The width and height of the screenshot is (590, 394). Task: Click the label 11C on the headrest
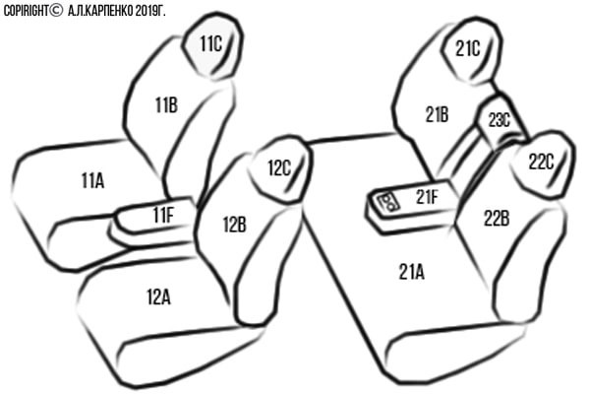pyautogui.click(x=210, y=44)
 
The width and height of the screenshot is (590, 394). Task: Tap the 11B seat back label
pyautogui.click(x=167, y=104)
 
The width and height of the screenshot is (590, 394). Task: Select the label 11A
pyautogui.click(x=92, y=180)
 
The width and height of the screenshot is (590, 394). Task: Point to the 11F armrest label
pyautogui.click(x=163, y=215)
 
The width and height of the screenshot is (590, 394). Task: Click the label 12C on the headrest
pyautogui.click(x=279, y=167)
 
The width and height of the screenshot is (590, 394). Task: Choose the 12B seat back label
pyautogui.click(x=235, y=225)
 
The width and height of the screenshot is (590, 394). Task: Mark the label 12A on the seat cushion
pyautogui.click(x=158, y=297)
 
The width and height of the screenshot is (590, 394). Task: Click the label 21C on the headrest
pyautogui.click(x=468, y=48)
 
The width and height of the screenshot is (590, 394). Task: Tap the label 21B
pyautogui.click(x=438, y=114)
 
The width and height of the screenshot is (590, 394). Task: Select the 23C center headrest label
pyautogui.click(x=500, y=120)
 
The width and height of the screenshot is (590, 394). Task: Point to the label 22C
pyautogui.click(x=542, y=163)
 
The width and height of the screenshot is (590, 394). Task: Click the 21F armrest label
pyautogui.click(x=427, y=196)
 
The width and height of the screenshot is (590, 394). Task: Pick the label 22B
pyautogui.click(x=497, y=219)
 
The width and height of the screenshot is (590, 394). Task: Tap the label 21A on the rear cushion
pyautogui.click(x=412, y=272)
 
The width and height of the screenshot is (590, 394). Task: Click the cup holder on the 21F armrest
pyautogui.click(x=388, y=202)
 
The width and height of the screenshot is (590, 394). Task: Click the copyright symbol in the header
pyautogui.click(x=56, y=11)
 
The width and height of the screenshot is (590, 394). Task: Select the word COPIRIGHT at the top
pyautogui.click(x=26, y=11)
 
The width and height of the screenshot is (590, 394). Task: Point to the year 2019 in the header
pyautogui.click(x=146, y=11)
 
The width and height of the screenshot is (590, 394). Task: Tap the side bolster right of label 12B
pyautogui.click(x=266, y=264)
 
